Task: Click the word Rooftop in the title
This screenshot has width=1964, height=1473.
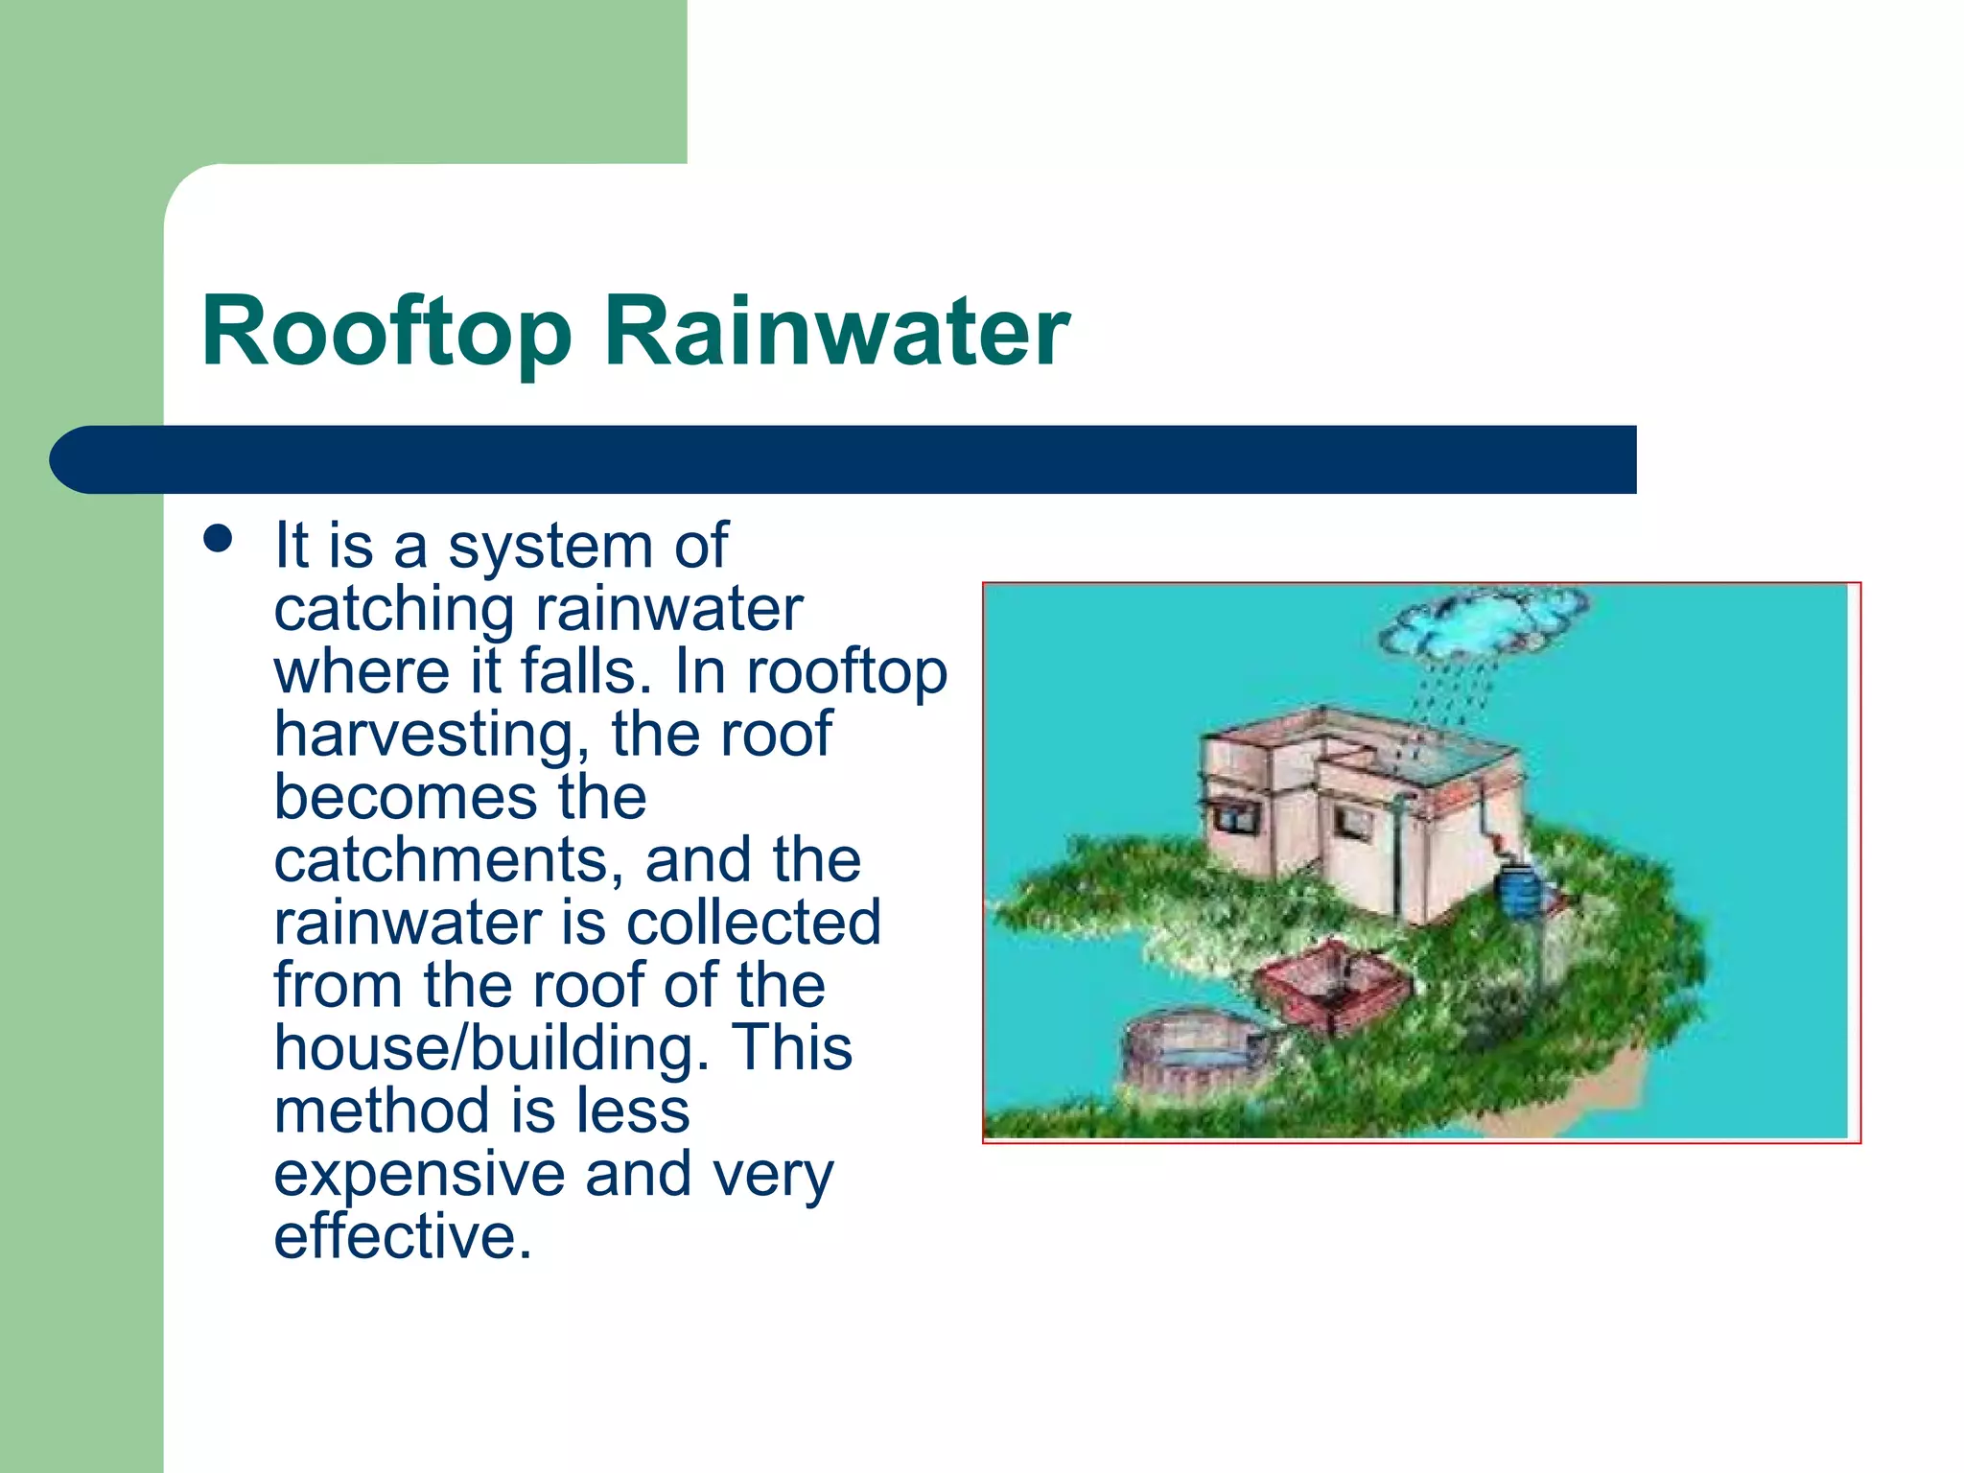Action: (x=386, y=333)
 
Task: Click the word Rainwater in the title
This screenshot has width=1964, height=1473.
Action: (x=836, y=331)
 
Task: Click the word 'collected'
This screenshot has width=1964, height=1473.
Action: (x=753, y=923)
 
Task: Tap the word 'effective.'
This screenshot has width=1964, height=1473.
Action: (x=403, y=1236)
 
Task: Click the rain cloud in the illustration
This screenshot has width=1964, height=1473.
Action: (x=1482, y=621)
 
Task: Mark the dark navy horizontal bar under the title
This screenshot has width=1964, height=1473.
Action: (x=844, y=459)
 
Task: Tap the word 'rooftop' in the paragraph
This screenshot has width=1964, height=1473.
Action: (x=847, y=673)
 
